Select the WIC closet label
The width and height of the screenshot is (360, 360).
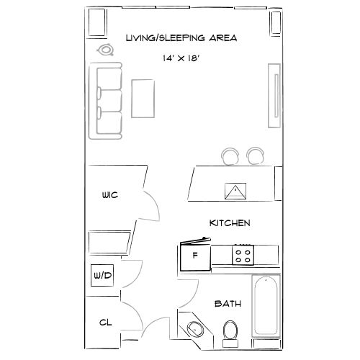[x=109, y=195]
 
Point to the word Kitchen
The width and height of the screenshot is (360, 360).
[x=230, y=223]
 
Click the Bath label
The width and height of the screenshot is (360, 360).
[x=228, y=305]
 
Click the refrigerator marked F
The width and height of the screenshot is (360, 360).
[x=194, y=256]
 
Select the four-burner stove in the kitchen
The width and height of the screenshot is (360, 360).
[x=243, y=254]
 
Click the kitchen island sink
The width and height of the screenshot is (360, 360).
[x=235, y=191]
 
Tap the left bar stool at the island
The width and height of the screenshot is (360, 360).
[x=231, y=155]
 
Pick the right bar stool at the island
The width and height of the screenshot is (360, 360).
[x=256, y=155]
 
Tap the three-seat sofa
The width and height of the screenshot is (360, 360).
[x=107, y=101]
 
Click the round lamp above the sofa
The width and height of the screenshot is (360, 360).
[x=107, y=50]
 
